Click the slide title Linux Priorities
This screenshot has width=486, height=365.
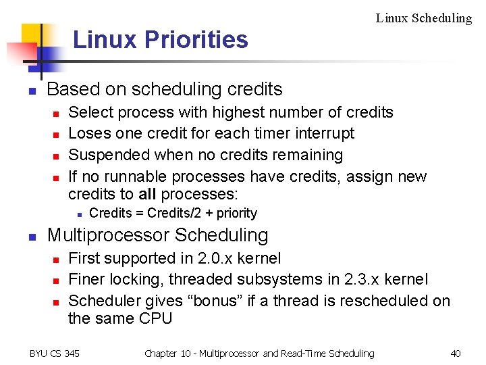tap(160, 40)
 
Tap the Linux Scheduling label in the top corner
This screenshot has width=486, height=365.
tap(423, 18)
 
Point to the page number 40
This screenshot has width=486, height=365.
tap(455, 353)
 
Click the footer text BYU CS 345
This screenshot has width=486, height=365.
tap(55, 353)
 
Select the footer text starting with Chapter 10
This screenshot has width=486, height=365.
tap(259, 353)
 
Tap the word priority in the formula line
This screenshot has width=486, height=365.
tap(235, 214)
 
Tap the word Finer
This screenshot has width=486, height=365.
tap(88, 279)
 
